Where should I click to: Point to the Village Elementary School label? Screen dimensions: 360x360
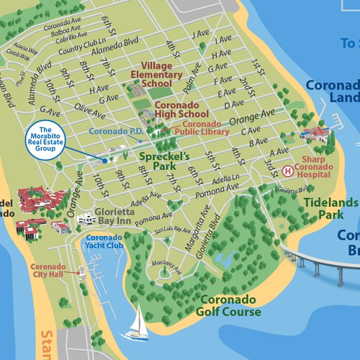(x=151, y=73)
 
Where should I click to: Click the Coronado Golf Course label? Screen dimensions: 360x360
(x=230, y=306)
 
